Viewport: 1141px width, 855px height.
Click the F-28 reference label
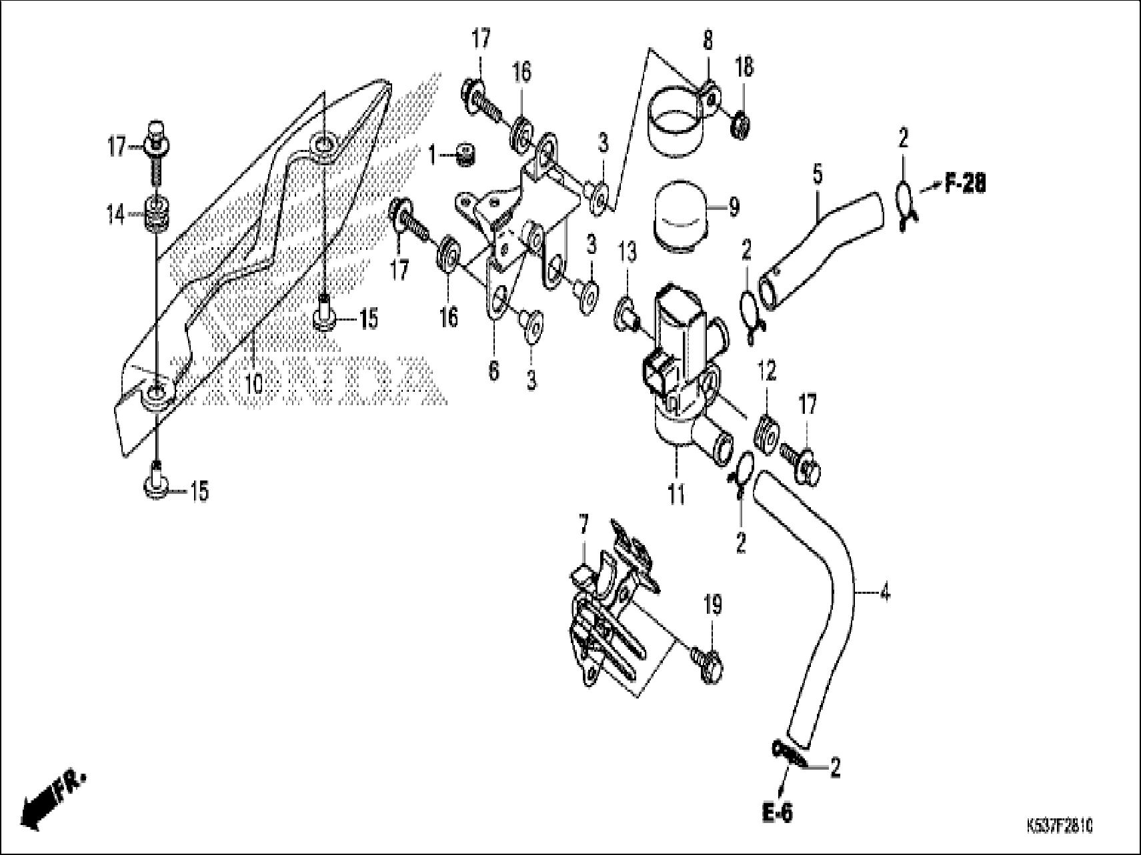point(965,184)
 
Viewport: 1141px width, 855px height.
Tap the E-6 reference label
point(778,813)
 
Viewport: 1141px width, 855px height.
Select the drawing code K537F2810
point(1060,827)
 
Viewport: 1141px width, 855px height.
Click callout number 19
point(712,606)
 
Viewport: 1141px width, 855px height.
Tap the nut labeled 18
point(738,123)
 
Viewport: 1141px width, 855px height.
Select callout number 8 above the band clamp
point(708,41)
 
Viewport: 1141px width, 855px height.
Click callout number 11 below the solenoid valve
point(676,495)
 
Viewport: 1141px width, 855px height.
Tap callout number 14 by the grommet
point(115,215)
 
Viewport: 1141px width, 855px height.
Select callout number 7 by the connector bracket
point(584,527)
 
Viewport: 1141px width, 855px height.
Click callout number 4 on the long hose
point(884,592)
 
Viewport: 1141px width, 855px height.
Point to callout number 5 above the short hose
point(818,175)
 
